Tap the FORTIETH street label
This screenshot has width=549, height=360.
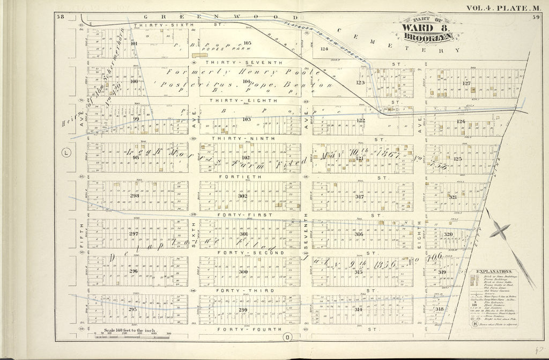244,177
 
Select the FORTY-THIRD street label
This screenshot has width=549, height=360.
244,291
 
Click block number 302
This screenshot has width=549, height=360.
242,196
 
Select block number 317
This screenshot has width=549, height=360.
359,196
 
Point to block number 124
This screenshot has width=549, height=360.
323,49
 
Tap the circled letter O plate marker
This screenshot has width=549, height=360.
287,337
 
